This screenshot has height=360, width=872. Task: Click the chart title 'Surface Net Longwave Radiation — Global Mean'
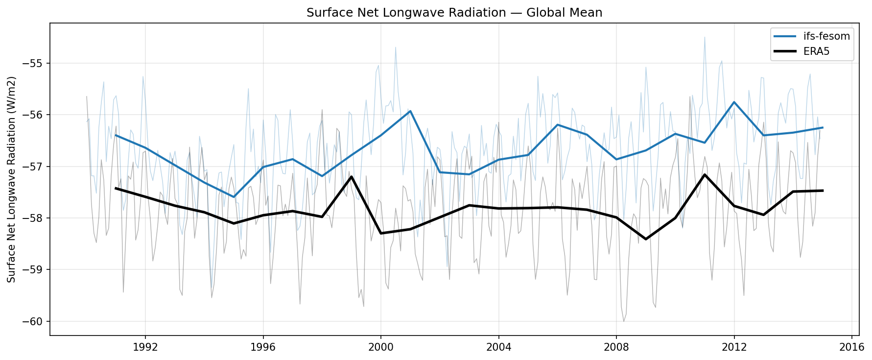(454, 13)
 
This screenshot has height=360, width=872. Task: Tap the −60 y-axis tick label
(34, 321)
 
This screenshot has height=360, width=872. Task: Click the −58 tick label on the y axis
(34, 218)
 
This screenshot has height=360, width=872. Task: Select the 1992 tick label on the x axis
(145, 347)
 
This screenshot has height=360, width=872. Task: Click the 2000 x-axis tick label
(380, 347)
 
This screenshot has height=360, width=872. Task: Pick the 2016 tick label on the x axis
(851, 347)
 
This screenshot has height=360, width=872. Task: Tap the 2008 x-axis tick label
(616, 347)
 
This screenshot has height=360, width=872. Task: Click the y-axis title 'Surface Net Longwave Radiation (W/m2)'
(12, 179)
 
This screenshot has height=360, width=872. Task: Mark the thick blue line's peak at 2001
(410, 111)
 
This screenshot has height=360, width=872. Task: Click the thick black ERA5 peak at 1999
(352, 176)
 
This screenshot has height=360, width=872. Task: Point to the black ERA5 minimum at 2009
(646, 239)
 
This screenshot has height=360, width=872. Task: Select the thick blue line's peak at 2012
(734, 102)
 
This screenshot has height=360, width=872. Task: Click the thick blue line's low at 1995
(234, 197)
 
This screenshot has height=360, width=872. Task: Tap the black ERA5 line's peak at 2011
(705, 174)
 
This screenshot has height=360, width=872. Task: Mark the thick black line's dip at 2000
(381, 233)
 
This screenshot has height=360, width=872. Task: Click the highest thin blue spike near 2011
(705, 37)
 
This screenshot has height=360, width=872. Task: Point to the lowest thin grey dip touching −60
(624, 321)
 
